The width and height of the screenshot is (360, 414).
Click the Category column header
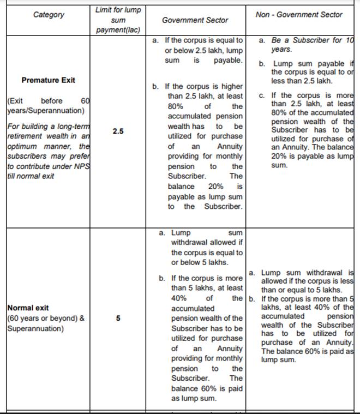tap(49, 15)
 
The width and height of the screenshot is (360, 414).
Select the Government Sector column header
tap(195, 20)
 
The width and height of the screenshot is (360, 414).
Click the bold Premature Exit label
tap(49, 80)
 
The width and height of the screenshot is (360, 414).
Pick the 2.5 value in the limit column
tap(118, 131)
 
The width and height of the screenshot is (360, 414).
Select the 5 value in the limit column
tap(118, 318)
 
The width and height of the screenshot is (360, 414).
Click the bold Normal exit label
tap(28, 308)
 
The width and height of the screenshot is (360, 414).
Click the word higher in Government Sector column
tap(231, 87)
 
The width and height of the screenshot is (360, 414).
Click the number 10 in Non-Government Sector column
tap(349, 40)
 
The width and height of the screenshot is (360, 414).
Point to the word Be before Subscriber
tap(279, 40)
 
